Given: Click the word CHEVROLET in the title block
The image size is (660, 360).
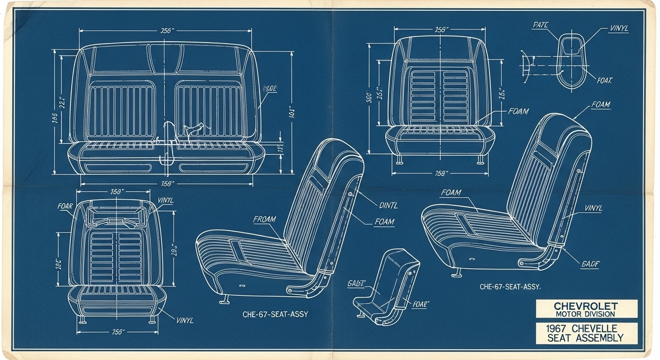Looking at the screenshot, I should pos(586,305).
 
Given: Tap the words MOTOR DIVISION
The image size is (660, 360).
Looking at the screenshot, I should pos(586,314).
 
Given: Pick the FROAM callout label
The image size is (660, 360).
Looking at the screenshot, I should pos(265,219).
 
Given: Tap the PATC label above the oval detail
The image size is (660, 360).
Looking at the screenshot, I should pos(541,25).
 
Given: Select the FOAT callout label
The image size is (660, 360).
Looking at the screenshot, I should pos(605,80).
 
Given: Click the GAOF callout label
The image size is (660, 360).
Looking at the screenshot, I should pos(591,264).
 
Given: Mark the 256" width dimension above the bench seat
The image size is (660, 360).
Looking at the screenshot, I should pos(167,31).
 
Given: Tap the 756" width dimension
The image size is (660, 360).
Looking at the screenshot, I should pos(117,332).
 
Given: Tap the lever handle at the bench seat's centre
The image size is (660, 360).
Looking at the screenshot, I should pos(194,128).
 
